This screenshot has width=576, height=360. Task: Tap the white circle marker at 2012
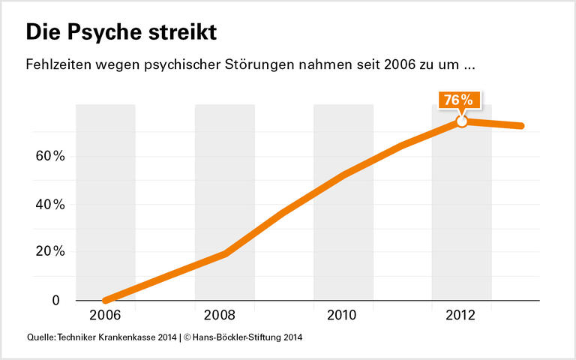(x=462, y=121)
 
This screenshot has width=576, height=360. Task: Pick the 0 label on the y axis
(x=55, y=300)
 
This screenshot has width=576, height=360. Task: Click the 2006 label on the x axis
(x=106, y=315)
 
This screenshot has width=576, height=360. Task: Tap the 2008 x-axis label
(x=224, y=315)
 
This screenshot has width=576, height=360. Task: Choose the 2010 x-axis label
(x=343, y=315)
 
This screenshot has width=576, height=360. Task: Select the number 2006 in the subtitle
(x=399, y=65)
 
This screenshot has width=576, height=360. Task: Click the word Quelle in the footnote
(x=40, y=338)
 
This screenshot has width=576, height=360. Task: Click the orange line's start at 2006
(x=106, y=300)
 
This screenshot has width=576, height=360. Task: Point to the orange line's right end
(x=520, y=125)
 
